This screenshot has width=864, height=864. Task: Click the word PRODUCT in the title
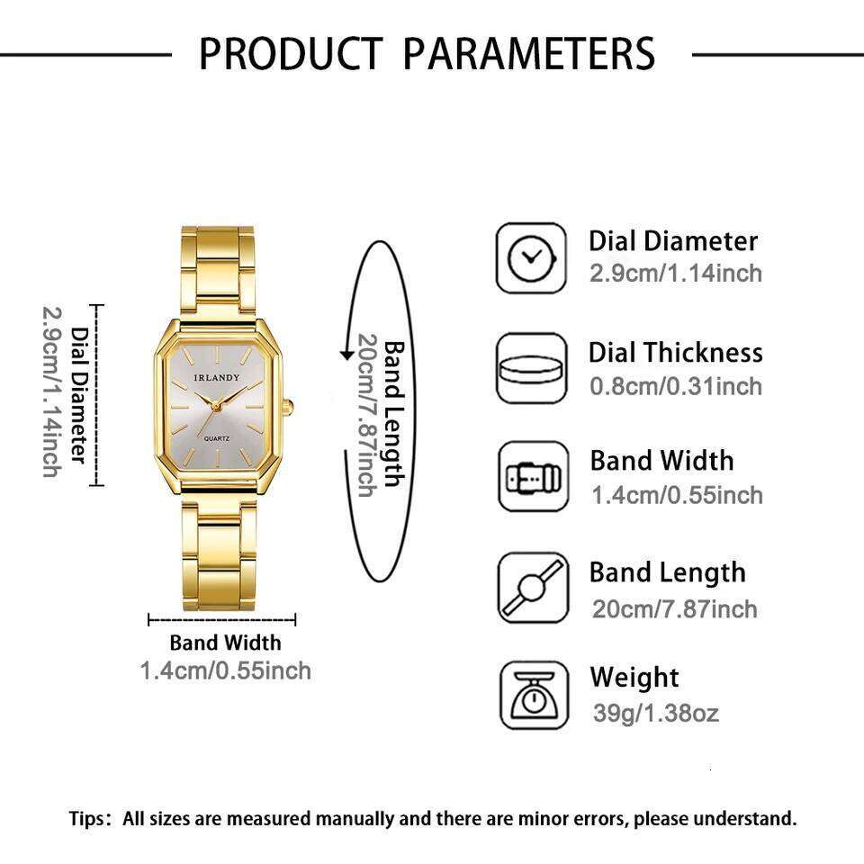point(290,53)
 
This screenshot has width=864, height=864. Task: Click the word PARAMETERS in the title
point(528,53)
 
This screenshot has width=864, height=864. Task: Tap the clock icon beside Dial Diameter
point(532,258)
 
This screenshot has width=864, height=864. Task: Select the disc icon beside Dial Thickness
point(532,369)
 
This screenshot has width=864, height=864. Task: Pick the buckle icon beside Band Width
point(532,477)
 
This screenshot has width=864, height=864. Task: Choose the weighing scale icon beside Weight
point(534,695)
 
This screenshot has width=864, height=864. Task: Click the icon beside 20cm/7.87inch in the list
point(533,588)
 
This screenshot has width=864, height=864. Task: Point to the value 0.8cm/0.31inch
point(676,386)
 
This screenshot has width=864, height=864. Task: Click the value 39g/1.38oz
point(656,714)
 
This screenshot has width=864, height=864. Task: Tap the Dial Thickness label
point(675,353)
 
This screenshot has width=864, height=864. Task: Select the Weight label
point(634,678)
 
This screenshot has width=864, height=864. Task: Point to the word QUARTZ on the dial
point(220,436)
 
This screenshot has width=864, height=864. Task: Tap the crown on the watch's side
point(289,408)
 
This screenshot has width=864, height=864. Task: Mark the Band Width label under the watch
point(225,643)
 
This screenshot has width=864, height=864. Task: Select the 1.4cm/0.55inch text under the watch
point(225,670)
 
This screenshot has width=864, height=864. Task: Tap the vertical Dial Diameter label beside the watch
point(80,396)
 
